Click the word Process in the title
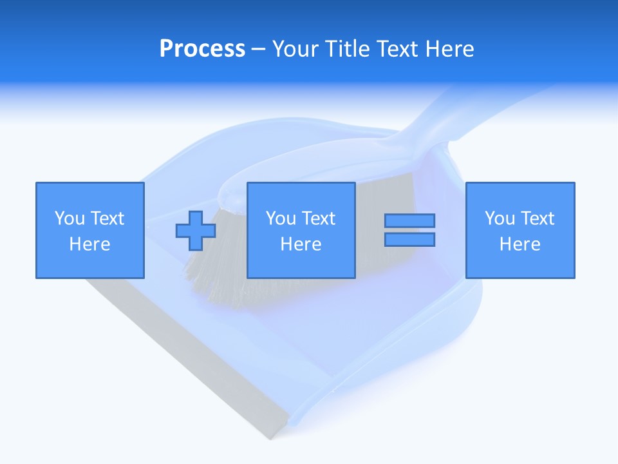coord(202,49)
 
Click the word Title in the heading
coord(348,49)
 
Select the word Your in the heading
coord(297,49)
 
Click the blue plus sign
coord(196,231)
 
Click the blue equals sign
coord(409,230)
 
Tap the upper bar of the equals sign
coord(409,221)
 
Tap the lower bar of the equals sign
coord(409,239)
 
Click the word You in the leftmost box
coord(69,218)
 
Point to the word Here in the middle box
coord(301,244)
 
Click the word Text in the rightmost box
coord(538,218)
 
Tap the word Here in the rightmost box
coord(520,244)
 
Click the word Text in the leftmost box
coord(107,218)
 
